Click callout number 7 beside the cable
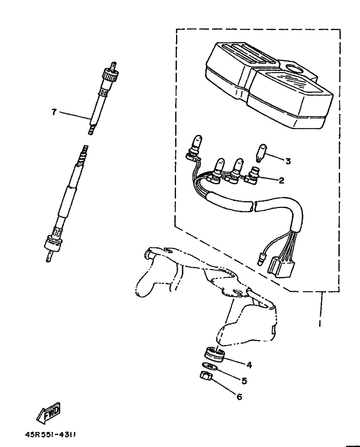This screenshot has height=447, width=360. tap(54, 112)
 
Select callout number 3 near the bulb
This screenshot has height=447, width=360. tap(288, 161)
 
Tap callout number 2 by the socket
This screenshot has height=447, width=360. tap(281, 180)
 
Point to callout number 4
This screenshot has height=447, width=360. tap(249, 365)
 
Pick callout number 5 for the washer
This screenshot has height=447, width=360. tap(244, 381)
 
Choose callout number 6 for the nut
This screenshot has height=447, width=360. tap(239, 396)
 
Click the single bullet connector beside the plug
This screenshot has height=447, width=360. tap(261, 259)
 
